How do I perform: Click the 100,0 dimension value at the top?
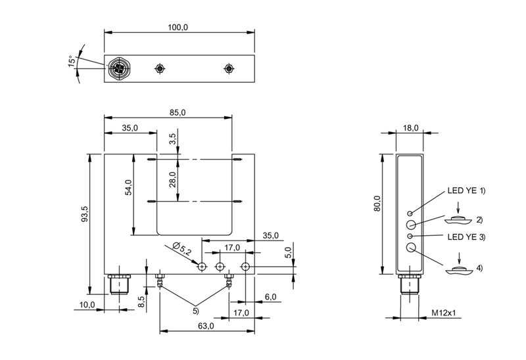(178, 27)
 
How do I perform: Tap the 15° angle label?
(72, 61)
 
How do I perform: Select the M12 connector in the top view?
(118, 69)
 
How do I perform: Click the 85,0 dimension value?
(177, 112)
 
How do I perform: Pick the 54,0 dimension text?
(128, 187)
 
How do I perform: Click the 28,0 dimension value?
(172, 179)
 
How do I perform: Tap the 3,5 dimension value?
(172, 139)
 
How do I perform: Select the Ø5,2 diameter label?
(182, 248)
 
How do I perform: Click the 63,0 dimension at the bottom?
(205, 326)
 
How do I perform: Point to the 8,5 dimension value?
(141, 302)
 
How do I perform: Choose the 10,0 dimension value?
(87, 305)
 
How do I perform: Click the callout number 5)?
(195, 311)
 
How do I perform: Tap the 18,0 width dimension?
(410, 127)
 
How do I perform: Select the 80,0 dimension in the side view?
(377, 204)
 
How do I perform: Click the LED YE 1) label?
(466, 191)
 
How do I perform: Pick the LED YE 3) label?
(466, 237)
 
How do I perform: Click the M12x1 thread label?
(443, 313)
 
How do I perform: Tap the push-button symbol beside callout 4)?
(459, 270)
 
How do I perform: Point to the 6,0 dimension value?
(270, 297)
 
